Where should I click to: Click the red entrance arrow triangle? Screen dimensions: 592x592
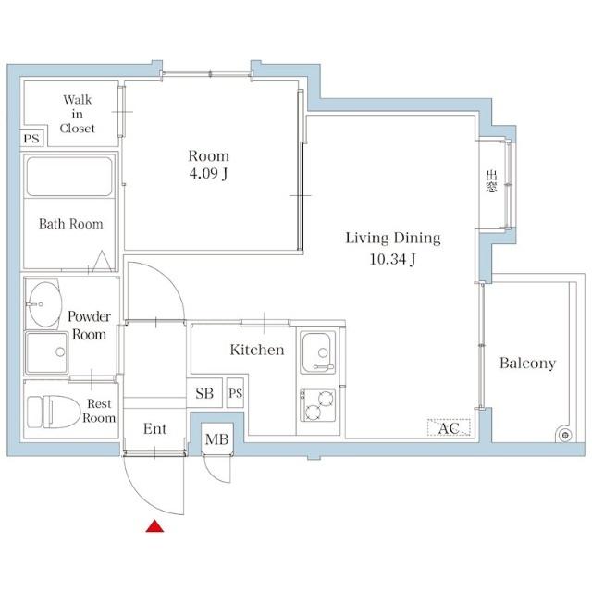[x=154, y=526]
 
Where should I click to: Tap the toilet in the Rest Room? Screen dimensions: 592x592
[x=54, y=412]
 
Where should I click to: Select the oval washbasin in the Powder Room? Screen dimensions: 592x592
[x=45, y=304]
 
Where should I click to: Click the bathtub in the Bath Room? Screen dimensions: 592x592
[x=69, y=177]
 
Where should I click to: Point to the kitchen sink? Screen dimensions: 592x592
[x=317, y=352]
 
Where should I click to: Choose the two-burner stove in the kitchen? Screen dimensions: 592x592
[x=317, y=405]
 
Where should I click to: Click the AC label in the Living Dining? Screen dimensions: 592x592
[x=449, y=428]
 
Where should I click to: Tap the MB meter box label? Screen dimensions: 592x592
[x=216, y=439]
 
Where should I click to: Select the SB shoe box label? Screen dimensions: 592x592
[x=204, y=393]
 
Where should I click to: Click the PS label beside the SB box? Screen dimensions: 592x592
[x=235, y=393]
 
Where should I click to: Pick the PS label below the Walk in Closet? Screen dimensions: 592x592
[x=31, y=139]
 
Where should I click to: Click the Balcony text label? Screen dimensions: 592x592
[x=527, y=363]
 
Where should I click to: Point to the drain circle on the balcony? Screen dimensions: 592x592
[x=565, y=436]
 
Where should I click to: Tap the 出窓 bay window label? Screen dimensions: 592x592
[x=491, y=181]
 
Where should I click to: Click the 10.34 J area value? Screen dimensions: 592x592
[x=392, y=259]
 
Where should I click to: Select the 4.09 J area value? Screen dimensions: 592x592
[x=208, y=174]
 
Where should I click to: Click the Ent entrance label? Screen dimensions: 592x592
[x=154, y=429]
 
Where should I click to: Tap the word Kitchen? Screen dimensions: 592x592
[x=257, y=350]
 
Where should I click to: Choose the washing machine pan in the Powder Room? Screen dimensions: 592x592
[x=47, y=352]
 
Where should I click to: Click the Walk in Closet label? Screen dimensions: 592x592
[x=77, y=114]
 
